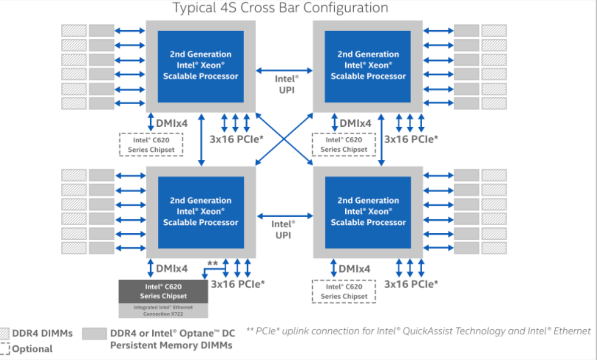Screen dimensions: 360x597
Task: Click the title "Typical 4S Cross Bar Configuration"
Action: tap(280, 8)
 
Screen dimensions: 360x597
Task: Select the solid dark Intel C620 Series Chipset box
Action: tap(163, 291)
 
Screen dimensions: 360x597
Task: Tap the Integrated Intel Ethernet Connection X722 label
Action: tap(163, 310)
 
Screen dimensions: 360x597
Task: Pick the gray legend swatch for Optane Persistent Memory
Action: tap(94, 333)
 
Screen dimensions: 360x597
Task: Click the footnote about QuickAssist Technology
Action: tap(418, 331)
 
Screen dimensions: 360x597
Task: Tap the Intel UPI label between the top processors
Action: tap(286, 84)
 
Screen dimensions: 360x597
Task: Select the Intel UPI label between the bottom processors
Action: tap(283, 229)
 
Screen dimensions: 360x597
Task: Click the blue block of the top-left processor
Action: tap(201, 66)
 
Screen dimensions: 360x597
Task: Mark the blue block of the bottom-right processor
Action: tap(368, 212)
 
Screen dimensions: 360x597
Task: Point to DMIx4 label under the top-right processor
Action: tap(355, 123)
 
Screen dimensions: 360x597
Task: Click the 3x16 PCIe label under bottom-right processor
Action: tap(411, 284)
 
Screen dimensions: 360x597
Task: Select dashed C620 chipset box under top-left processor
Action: tap(151, 144)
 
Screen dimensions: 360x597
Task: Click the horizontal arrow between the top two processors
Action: tap(284, 70)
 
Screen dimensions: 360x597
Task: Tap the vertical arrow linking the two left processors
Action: tap(202, 140)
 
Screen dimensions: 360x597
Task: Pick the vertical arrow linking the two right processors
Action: tap(381, 140)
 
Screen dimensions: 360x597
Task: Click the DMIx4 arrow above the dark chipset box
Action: tap(150, 268)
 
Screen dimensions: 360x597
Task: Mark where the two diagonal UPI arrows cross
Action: tap(284, 139)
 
